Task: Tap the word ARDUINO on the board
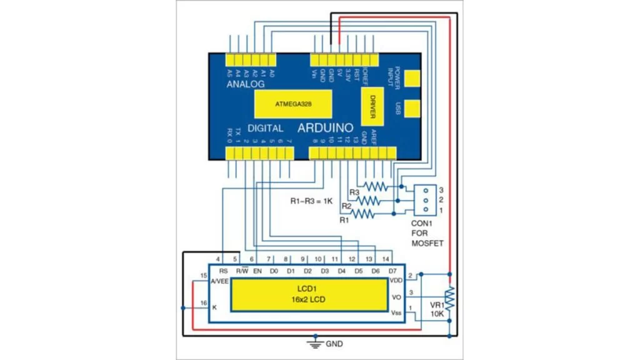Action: pos(325,127)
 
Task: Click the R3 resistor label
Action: pos(354,192)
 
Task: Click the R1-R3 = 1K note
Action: pos(311,201)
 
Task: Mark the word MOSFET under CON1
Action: pos(427,243)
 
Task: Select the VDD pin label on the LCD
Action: pos(396,281)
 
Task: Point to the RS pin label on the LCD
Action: pos(223,271)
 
